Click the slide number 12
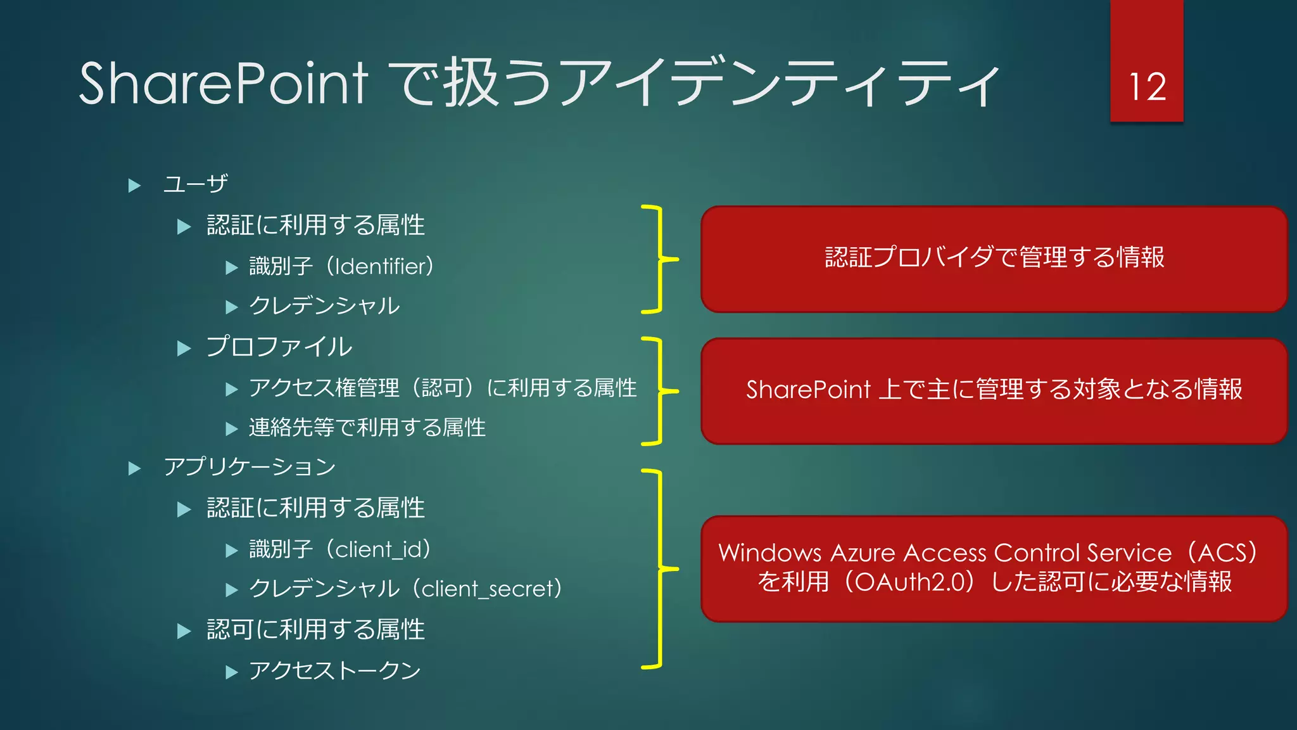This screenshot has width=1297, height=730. point(1147,87)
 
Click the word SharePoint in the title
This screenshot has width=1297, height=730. point(223,84)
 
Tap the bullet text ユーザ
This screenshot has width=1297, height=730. point(195,184)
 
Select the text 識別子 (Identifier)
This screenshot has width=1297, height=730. point(341,267)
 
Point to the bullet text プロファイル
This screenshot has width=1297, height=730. point(279,347)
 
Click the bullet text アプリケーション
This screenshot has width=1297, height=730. point(250,467)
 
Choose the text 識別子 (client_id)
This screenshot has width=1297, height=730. point(340,549)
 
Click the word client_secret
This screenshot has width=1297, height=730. point(488,589)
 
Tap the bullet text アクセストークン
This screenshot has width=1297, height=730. point(334,670)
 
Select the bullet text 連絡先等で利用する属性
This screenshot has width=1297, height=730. point(367,428)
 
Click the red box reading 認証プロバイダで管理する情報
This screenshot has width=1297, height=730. point(994,259)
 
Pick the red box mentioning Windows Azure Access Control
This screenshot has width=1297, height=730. point(994,568)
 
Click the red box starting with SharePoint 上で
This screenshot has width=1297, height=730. point(994,390)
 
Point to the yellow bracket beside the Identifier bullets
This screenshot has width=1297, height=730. point(660,259)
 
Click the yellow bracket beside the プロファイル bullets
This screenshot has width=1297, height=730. point(660,391)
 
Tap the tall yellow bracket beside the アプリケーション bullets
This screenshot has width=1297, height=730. point(660,568)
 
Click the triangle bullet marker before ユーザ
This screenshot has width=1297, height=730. point(134,186)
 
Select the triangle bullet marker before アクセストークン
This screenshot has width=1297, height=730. point(232,672)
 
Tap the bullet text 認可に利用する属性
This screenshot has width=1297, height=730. point(315,630)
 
